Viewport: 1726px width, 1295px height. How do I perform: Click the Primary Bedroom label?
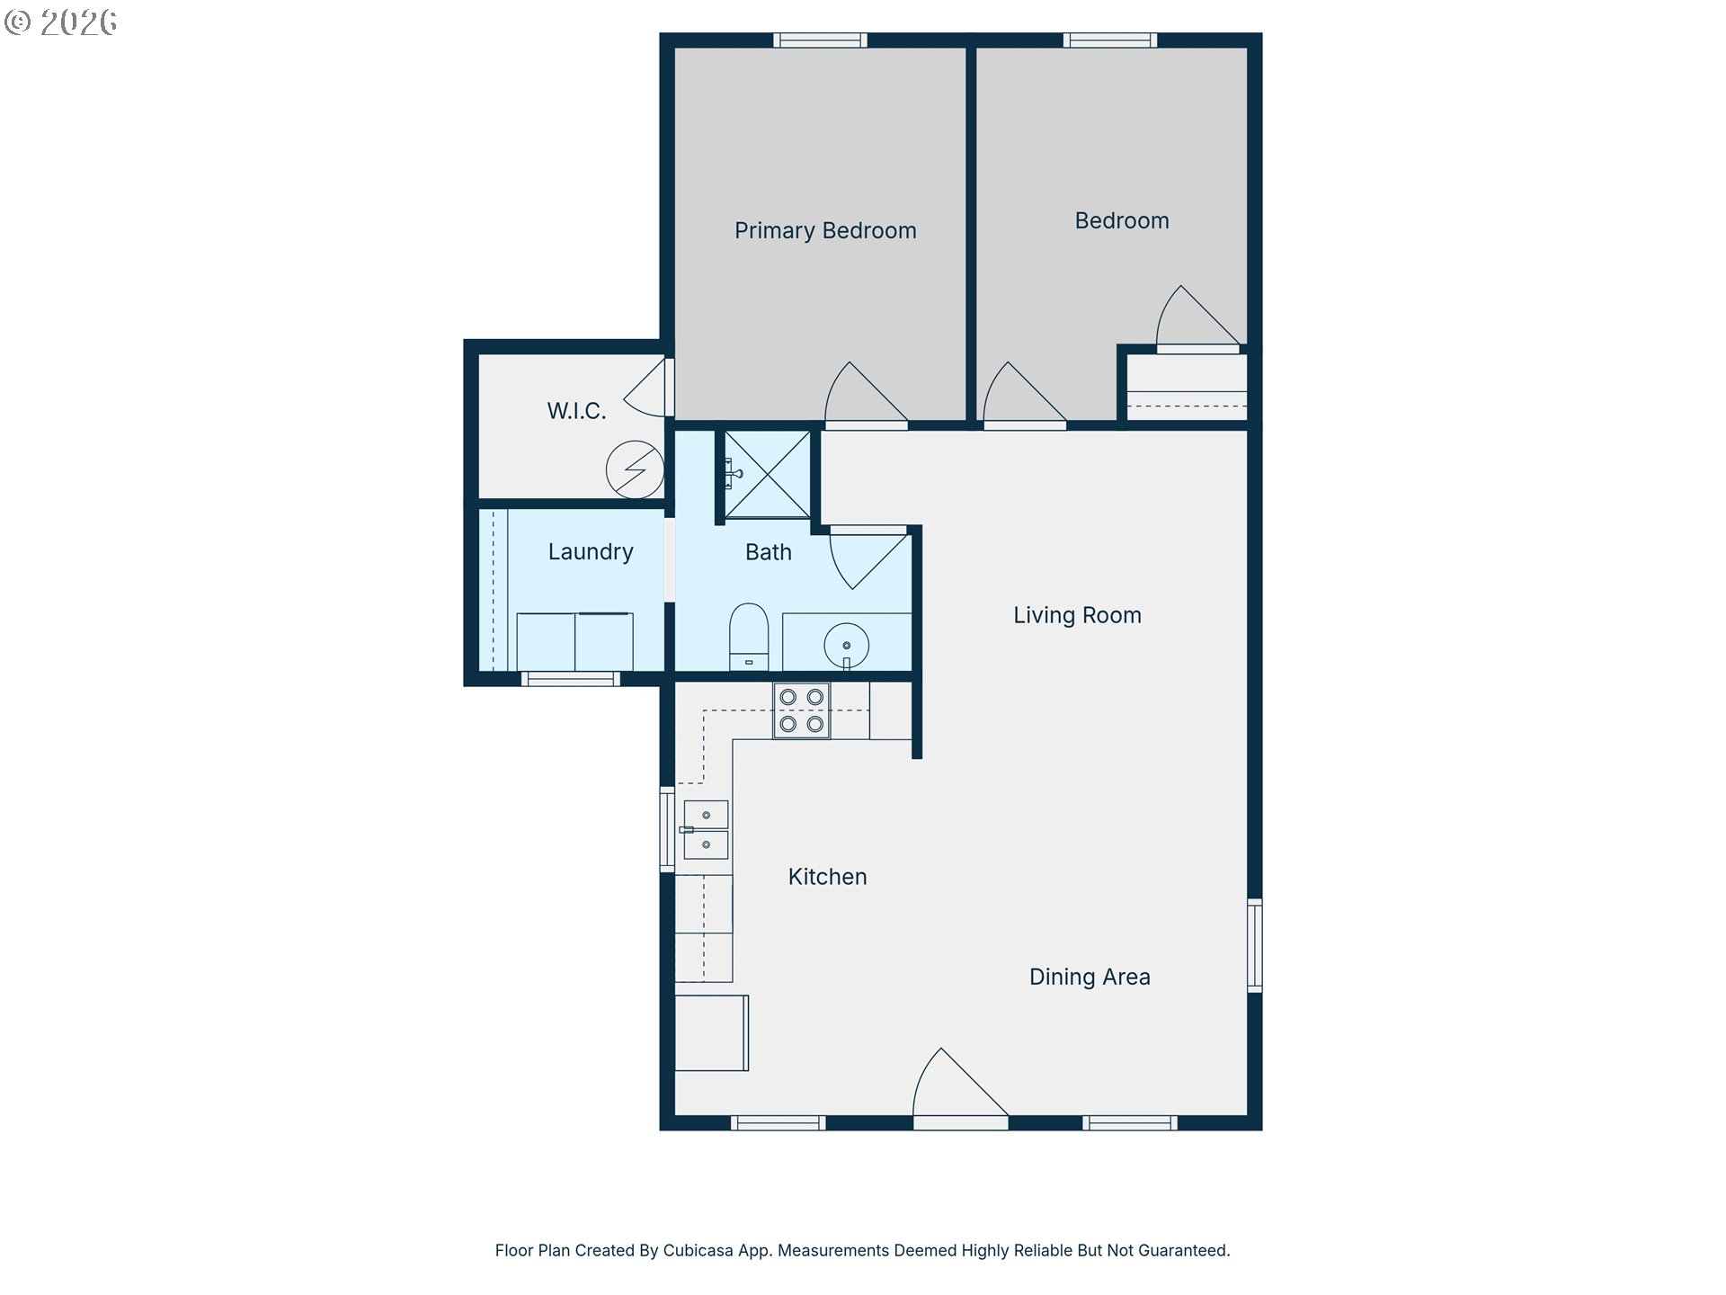[825, 231]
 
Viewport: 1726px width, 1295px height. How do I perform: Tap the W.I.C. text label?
[576, 411]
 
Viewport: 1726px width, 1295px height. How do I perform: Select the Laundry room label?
[591, 551]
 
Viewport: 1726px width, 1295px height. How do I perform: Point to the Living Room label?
[1077, 615]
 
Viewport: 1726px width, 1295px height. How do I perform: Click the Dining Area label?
[1090, 977]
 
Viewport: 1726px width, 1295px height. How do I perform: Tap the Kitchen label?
[827, 877]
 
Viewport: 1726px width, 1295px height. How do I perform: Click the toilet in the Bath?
[749, 637]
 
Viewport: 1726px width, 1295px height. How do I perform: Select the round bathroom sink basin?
[847, 646]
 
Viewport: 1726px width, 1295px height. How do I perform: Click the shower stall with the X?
[768, 474]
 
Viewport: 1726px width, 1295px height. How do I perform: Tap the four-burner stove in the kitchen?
[802, 710]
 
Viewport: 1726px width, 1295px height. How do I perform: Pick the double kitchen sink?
[706, 830]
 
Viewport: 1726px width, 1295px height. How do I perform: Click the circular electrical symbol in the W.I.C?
[635, 469]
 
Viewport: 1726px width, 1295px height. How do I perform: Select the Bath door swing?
[868, 558]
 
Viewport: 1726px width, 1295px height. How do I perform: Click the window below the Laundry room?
[571, 679]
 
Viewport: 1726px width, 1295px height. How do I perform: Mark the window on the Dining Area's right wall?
[1255, 945]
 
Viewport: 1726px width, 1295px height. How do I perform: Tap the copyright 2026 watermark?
[60, 22]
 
